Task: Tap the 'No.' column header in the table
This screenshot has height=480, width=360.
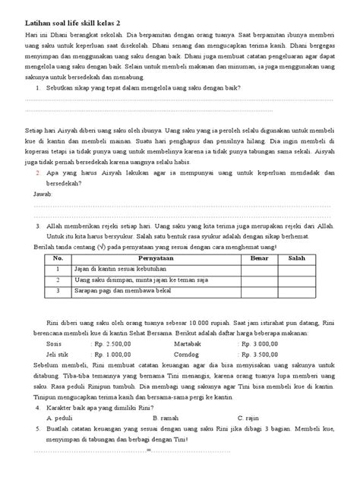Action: (55, 258)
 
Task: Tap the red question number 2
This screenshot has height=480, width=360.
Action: (38, 174)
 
